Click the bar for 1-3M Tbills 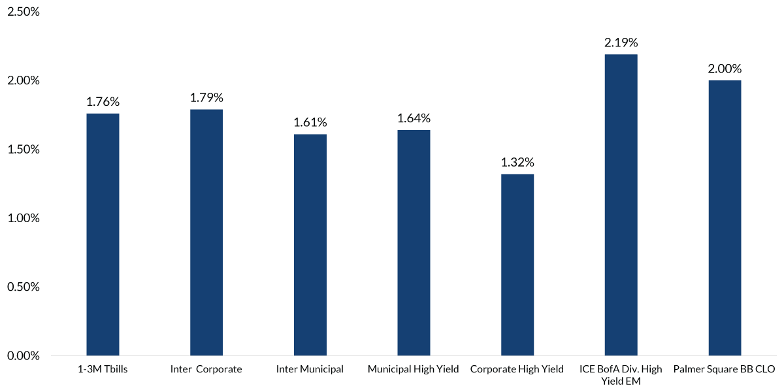(103, 235)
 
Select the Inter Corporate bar (206, 233)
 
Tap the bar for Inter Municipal (310, 245)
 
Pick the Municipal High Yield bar (414, 243)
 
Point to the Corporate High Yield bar (517, 265)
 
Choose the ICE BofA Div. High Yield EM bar (621, 205)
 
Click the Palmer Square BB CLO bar (725, 218)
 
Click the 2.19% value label (621, 42)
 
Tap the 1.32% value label (517, 162)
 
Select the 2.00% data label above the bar (725, 69)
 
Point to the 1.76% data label (103, 101)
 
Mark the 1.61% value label (310, 122)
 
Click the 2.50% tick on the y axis (22, 12)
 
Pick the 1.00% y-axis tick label (22, 218)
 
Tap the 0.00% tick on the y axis (22, 356)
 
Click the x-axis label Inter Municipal (310, 370)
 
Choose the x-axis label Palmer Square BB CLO (724, 370)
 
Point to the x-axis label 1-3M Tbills (103, 370)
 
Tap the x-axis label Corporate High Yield (517, 370)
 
